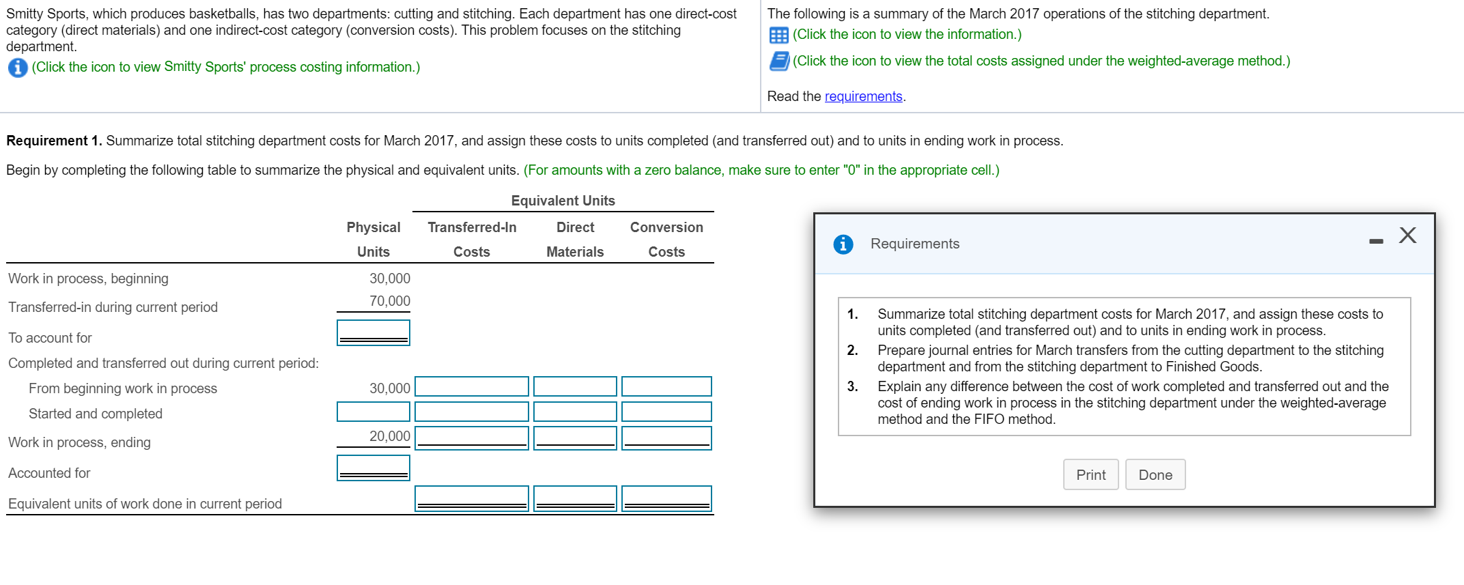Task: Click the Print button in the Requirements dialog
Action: pos(1090,474)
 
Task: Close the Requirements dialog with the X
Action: pos(1407,236)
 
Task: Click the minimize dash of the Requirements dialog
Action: pos(1376,241)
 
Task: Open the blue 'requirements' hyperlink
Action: pos(863,96)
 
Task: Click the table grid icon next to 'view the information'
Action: pos(778,35)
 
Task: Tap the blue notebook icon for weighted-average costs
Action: pos(779,61)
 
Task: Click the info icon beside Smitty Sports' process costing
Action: pos(18,68)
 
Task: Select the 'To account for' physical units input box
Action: pos(373,332)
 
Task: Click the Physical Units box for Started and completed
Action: pos(373,412)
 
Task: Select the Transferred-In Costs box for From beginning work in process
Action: pos(471,386)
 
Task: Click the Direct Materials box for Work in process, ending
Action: pos(574,438)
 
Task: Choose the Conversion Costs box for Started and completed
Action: pos(666,412)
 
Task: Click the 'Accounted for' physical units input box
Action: pos(373,468)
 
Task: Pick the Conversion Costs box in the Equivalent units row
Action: pos(666,498)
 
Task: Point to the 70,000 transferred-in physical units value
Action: pos(389,301)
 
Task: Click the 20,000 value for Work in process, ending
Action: pos(389,436)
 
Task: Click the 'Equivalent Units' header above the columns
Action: pos(563,201)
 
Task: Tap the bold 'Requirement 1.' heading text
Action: pos(54,141)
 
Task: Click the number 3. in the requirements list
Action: pos(852,386)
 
